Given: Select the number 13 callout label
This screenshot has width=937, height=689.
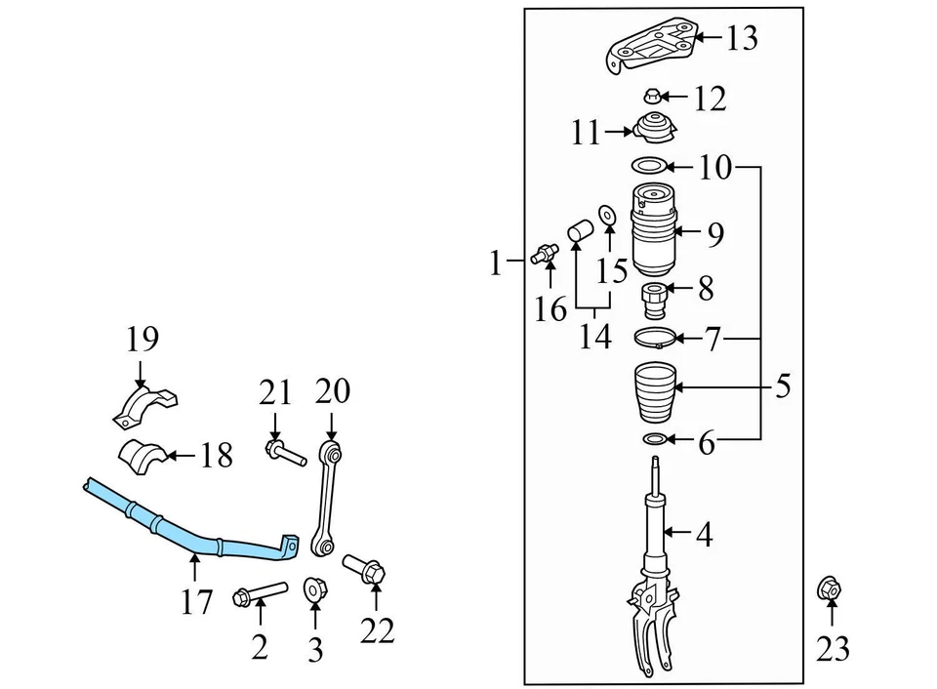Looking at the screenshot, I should coord(741,39).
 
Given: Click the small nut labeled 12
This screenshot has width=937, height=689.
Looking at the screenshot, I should coord(653,96).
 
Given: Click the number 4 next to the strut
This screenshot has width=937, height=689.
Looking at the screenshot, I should coord(704,535).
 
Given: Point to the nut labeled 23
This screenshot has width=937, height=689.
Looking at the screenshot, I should coord(831,590).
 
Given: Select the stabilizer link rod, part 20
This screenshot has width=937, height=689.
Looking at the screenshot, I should coord(326,498).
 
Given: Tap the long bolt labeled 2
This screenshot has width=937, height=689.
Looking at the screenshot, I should coord(259,592).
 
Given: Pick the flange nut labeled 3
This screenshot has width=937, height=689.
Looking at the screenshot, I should coord(315,589).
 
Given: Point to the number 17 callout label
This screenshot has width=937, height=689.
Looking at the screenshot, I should coord(196,602).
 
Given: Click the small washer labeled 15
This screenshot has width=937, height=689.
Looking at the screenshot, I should coord(605,213).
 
